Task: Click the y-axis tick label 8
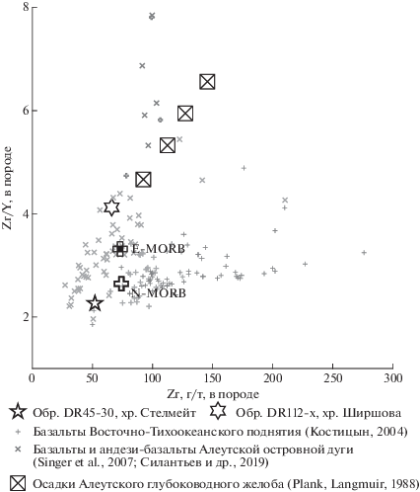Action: click(26, 7)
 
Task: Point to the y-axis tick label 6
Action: click(26, 111)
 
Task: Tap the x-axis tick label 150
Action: click(213, 378)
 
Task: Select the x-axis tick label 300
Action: click(392, 378)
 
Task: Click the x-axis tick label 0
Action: click(33, 378)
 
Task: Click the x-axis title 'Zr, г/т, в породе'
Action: click(213, 394)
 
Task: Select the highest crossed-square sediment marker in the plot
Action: click(207, 82)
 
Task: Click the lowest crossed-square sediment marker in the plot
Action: click(143, 180)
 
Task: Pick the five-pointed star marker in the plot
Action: click(95, 303)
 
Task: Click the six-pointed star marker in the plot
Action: click(111, 207)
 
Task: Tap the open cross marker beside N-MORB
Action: click(121, 284)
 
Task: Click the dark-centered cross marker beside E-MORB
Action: click(120, 249)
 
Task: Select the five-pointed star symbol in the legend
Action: click(18, 412)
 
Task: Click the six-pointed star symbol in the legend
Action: click(218, 412)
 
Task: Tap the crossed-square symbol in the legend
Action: click(18, 483)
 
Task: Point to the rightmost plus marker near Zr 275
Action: click(364, 253)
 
